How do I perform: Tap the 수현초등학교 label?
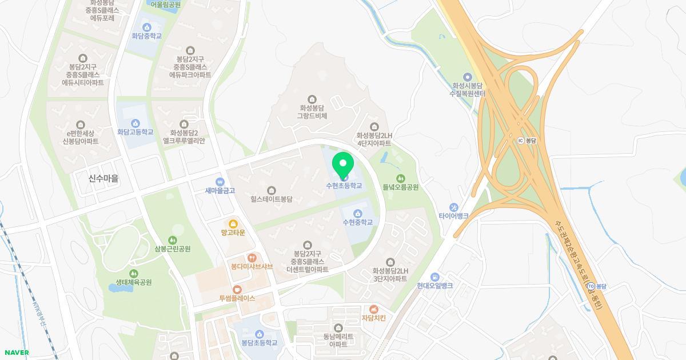tap(344, 186)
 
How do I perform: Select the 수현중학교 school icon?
tap(358, 214)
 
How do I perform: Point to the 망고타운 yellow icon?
tap(233, 224)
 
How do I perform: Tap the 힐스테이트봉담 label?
tap(271, 199)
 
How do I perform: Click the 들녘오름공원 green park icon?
tap(401, 178)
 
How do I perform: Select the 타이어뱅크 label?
tap(453, 216)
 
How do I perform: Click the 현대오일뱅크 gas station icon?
tap(434, 277)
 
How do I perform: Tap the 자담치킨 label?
tap(374, 318)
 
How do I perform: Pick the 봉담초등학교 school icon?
tap(259, 334)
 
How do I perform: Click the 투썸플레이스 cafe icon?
tap(237, 290)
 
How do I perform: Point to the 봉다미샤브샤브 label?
tap(252, 267)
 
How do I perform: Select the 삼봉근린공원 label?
tap(172, 249)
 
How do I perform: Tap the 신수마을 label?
tap(103, 178)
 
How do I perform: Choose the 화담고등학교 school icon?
tap(135, 123)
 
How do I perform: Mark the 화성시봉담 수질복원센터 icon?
tap(468, 77)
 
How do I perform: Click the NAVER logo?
tap(15, 353)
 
